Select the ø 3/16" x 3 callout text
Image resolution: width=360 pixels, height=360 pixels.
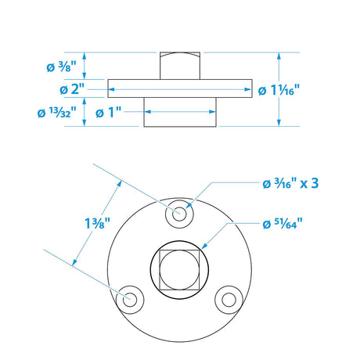pyautogui.click(x=290, y=184)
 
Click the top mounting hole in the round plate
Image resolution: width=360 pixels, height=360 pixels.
pyautogui.click(x=181, y=211)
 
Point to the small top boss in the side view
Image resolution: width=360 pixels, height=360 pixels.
pyautogui.click(x=180, y=64)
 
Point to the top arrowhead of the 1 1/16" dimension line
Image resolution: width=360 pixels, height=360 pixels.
pyautogui.click(x=279, y=55)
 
